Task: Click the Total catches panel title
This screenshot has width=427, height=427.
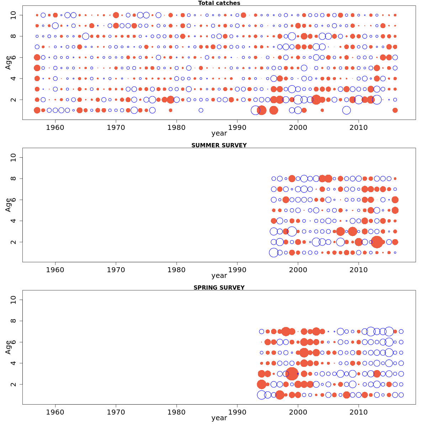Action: click(x=219, y=3)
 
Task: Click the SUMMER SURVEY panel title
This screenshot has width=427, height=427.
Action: click(x=219, y=146)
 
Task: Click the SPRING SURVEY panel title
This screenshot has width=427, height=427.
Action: click(x=219, y=288)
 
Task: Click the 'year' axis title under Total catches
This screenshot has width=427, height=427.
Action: click(x=219, y=133)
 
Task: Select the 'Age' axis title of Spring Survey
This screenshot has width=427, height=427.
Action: click(x=8, y=347)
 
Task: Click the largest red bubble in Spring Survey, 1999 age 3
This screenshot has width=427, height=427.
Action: click(x=292, y=374)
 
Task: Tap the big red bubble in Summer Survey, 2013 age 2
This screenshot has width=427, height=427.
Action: click(x=377, y=242)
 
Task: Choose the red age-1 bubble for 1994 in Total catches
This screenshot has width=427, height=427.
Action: click(x=262, y=110)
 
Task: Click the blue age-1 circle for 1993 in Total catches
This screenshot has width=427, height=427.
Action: click(x=255, y=110)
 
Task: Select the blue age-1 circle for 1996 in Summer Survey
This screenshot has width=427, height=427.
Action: click(x=274, y=253)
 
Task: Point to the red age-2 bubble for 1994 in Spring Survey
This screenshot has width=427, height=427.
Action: click(x=262, y=384)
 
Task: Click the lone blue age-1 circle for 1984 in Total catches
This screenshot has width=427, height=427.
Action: click(x=201, y=110)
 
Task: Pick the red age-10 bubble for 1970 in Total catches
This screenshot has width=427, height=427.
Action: click(x=116, y=15)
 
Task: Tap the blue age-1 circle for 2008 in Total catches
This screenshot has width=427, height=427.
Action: click(x=347, y=110)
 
